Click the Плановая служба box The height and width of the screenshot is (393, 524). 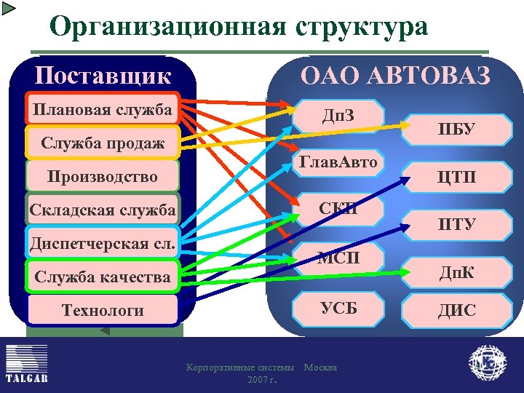click(x=102, y=109)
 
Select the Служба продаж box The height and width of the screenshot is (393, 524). click(x=102, y=143)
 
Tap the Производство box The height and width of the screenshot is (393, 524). click(x=102, y=176)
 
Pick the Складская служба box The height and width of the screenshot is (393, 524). click(x=102, y=210)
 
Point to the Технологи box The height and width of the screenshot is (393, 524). click(x=102, y=310)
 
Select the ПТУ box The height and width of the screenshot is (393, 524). click(x=456, y=223)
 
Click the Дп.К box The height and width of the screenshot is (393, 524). click(x=456, y=271)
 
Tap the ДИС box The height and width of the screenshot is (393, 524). click(x=456, y=311)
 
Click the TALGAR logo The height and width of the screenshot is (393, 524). click(x=27, y=363)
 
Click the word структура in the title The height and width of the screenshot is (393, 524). click(x=359, y=27)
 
